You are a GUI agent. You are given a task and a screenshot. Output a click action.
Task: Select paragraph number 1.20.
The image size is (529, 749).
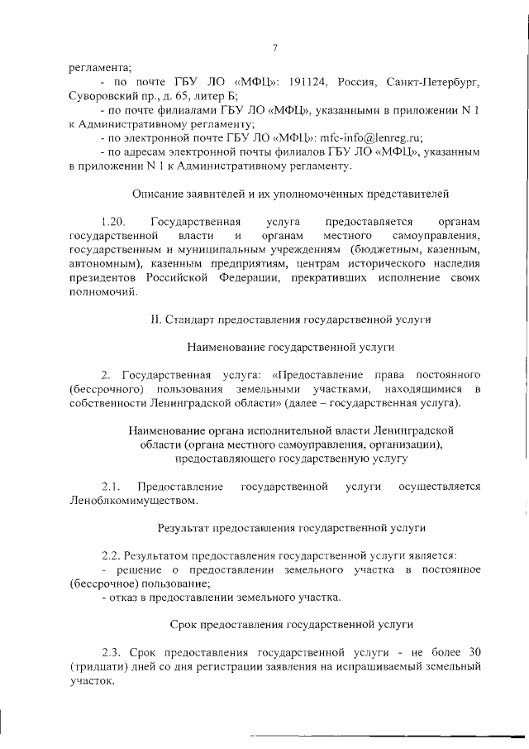tap(111, 222)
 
